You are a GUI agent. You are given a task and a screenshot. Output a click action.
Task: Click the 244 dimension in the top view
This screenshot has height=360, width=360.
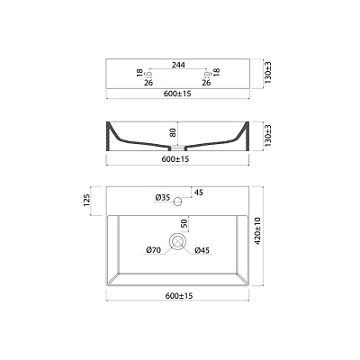(178, 65)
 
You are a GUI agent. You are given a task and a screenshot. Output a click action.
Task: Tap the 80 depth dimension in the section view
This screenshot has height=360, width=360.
(173, 132)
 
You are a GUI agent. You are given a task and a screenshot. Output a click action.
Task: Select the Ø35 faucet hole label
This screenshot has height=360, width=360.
(163, 197)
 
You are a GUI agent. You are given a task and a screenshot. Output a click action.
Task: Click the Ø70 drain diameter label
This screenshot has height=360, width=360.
(154, 249)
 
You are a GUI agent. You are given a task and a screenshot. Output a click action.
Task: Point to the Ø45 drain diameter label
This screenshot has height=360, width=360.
(202, 250)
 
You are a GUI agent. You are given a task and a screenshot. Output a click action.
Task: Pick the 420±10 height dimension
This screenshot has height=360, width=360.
(258, 231)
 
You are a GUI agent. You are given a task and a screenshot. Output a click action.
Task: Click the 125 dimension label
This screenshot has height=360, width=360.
(86, 201)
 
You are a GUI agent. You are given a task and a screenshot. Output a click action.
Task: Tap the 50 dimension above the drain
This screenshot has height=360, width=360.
(184, 223)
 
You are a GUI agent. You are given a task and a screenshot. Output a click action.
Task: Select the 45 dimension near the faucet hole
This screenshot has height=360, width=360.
(199, 193)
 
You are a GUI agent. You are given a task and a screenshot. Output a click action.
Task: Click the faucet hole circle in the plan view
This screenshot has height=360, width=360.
(178, 201)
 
